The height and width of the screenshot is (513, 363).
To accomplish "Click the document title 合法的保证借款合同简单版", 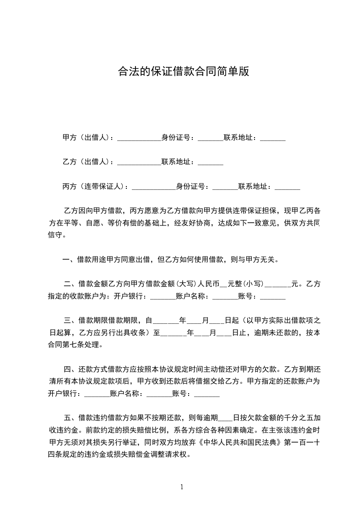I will tap(183, 72).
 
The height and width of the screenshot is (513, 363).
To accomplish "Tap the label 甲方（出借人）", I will tap(87, 138).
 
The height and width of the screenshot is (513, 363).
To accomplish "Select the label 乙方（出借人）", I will tap(87, 162).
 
